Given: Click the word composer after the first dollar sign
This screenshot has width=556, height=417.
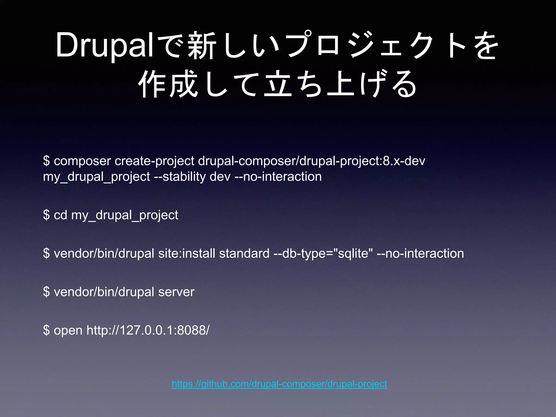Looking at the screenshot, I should (x=82, y=161).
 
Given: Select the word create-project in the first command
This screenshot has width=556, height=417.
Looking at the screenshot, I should (x=154, y=161).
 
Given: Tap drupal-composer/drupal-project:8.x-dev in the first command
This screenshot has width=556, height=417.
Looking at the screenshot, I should (x=311, y=161).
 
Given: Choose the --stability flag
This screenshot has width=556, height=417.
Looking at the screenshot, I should (x=180, y=177).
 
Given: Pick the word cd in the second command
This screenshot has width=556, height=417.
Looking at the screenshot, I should (x=60, y=215).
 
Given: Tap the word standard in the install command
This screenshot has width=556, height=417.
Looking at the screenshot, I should (x=244, y=254).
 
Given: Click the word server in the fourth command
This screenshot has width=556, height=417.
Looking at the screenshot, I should (x=176, y=292).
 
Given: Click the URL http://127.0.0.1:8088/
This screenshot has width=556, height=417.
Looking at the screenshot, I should (x=148, y=330).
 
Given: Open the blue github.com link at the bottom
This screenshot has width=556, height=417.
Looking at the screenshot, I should (x=279, y=384).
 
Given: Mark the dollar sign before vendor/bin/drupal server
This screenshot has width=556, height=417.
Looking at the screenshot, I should (x=46, y=292).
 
